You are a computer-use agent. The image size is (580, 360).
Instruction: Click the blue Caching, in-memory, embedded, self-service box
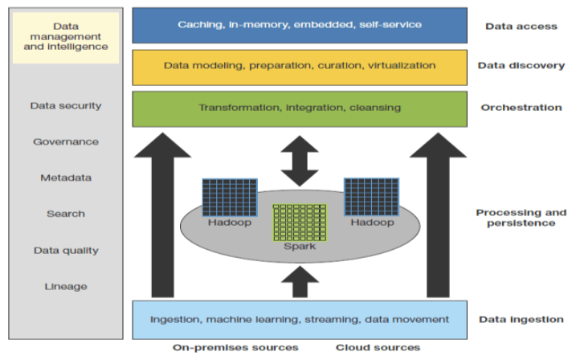point(299,25)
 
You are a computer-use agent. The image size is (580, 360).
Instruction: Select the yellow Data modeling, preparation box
point(299,66)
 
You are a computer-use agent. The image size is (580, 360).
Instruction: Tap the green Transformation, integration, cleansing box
point(299,108)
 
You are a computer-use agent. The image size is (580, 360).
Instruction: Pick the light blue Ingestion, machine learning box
point(299,319)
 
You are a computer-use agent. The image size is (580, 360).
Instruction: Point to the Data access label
point(521,26)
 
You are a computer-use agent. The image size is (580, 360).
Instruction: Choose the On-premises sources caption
point(235,347)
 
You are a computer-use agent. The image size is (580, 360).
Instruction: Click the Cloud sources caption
point(378,347)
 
